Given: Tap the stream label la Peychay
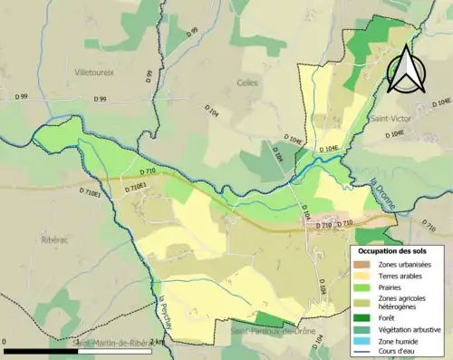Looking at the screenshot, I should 169,313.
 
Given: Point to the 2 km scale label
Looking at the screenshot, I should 156,342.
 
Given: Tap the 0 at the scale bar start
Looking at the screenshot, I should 6,342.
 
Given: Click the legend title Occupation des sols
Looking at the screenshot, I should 396,250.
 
